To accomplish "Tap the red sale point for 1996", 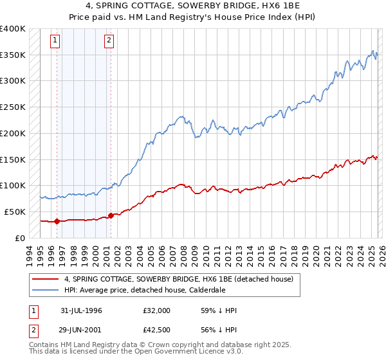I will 57,221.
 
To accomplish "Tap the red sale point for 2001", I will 111,215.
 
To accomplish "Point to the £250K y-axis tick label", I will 13,107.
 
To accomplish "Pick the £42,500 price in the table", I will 157,329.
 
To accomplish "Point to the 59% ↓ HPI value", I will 219,310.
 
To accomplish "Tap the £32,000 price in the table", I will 157,310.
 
